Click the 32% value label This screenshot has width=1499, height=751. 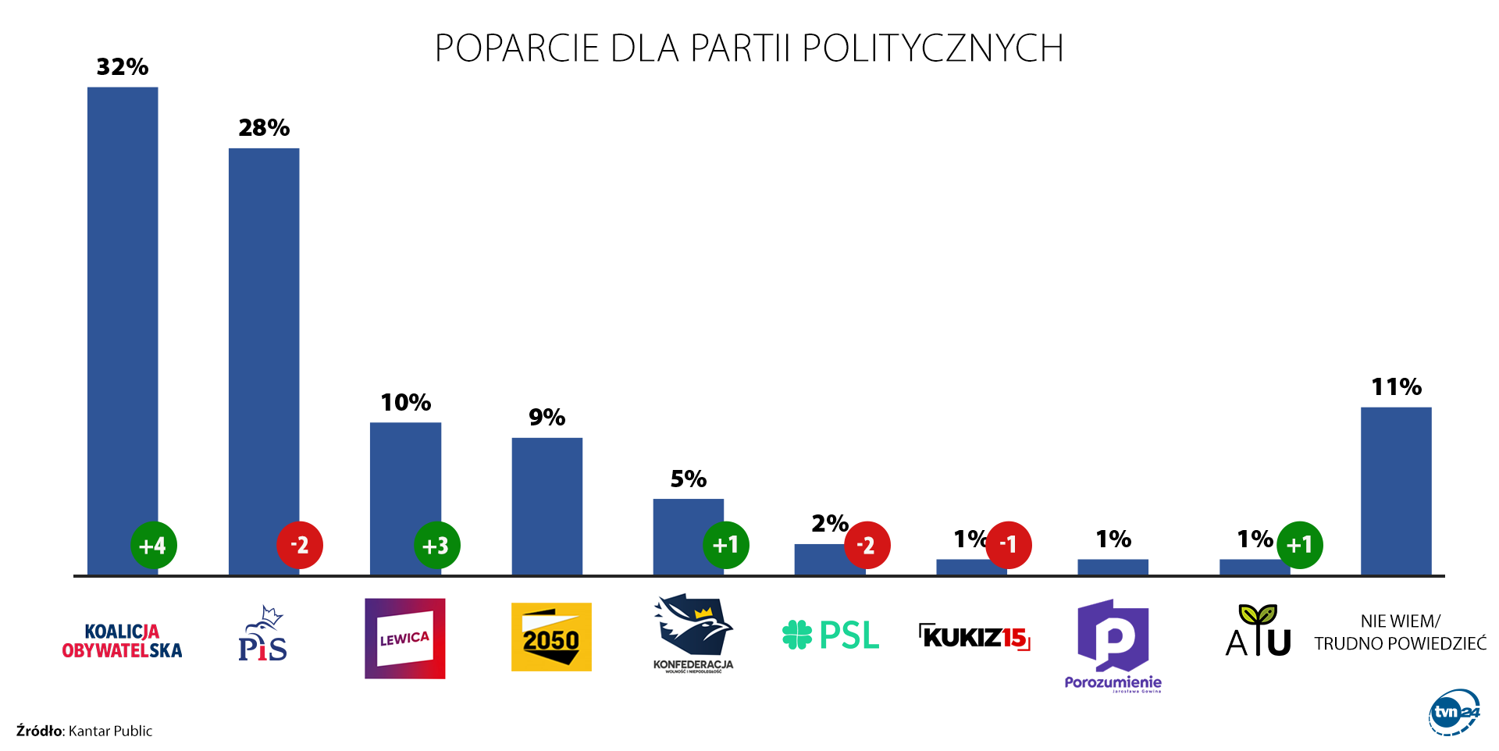pyautogui.click(x=123, y=67)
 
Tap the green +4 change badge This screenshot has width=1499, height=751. pyautogui.click(x=153, y=545)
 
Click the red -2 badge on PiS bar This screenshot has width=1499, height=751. pyautogui.click(x=300, y=545)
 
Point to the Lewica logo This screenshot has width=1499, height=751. pyautogui.click(x=404, y=639)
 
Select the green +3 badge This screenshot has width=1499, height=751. pyautogui.click(x=436, y=545)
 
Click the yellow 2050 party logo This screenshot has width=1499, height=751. pyautogui.click(x=551, y=637)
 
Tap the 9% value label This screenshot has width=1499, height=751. pyautogui.click(x=547, y=418)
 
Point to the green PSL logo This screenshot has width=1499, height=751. pyautogui.click(x=831, y=635)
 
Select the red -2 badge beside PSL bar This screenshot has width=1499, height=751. pyautogui.click(x=867, y=545)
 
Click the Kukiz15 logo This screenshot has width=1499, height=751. pyautogui.click(x=974, y=637)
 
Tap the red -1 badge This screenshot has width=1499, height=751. pyautogui.click(x=1009, y=544)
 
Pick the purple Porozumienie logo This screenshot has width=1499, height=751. pyautogui.click(x=1113, y=645)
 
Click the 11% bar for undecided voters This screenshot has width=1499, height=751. pyautogui.click(x=1396, y=492)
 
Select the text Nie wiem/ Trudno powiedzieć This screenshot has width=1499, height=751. pyautogui.click(x=1400, y=632)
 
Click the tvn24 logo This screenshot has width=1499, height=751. pyautogui.click(x=1454, y=712)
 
